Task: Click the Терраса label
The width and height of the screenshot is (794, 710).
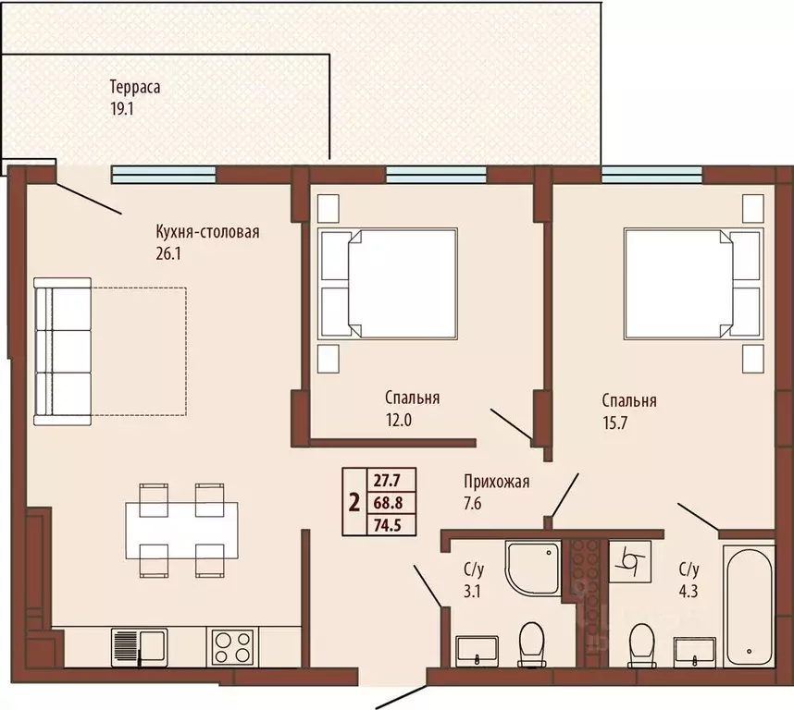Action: click(x=135, y=87)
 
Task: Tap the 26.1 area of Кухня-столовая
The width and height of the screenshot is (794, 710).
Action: click(x=168, y=253)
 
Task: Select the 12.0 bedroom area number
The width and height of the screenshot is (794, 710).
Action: click(x=399, y=420)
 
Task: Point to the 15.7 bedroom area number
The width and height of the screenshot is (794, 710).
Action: click(x=614, y=422)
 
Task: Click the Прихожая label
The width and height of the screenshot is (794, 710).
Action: click(x=497, y=482)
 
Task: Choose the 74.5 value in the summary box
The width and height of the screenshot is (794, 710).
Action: click(x=388, y=525)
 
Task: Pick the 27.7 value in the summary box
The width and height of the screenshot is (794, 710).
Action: click(x=388, y=480)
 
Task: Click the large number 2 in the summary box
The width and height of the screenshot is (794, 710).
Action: click(x=354, y=503)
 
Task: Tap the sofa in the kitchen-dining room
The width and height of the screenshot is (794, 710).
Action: click(x=62, y=351)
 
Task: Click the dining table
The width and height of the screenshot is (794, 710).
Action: click(x=181, y=531)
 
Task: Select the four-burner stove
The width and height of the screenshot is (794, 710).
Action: click(x=232, y=647)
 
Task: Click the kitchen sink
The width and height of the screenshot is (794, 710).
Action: click(x=139, y=648)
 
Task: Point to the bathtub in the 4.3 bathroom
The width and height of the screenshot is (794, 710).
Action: click(x=749, y=606)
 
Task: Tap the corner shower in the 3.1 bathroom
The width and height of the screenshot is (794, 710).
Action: click(x=533, y=567)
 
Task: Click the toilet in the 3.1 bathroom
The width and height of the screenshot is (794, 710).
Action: click(x=532, y=643)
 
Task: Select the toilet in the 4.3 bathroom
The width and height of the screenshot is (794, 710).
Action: click(x=641, y=645)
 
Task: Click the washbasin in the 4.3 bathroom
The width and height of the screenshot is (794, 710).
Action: click(x=695, y=653)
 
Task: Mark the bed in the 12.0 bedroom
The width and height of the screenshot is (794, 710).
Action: click(x=388, y=283)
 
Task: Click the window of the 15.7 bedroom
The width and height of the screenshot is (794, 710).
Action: click(x=652, y=174)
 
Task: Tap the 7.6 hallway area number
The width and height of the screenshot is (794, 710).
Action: click(x=473, y=504)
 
